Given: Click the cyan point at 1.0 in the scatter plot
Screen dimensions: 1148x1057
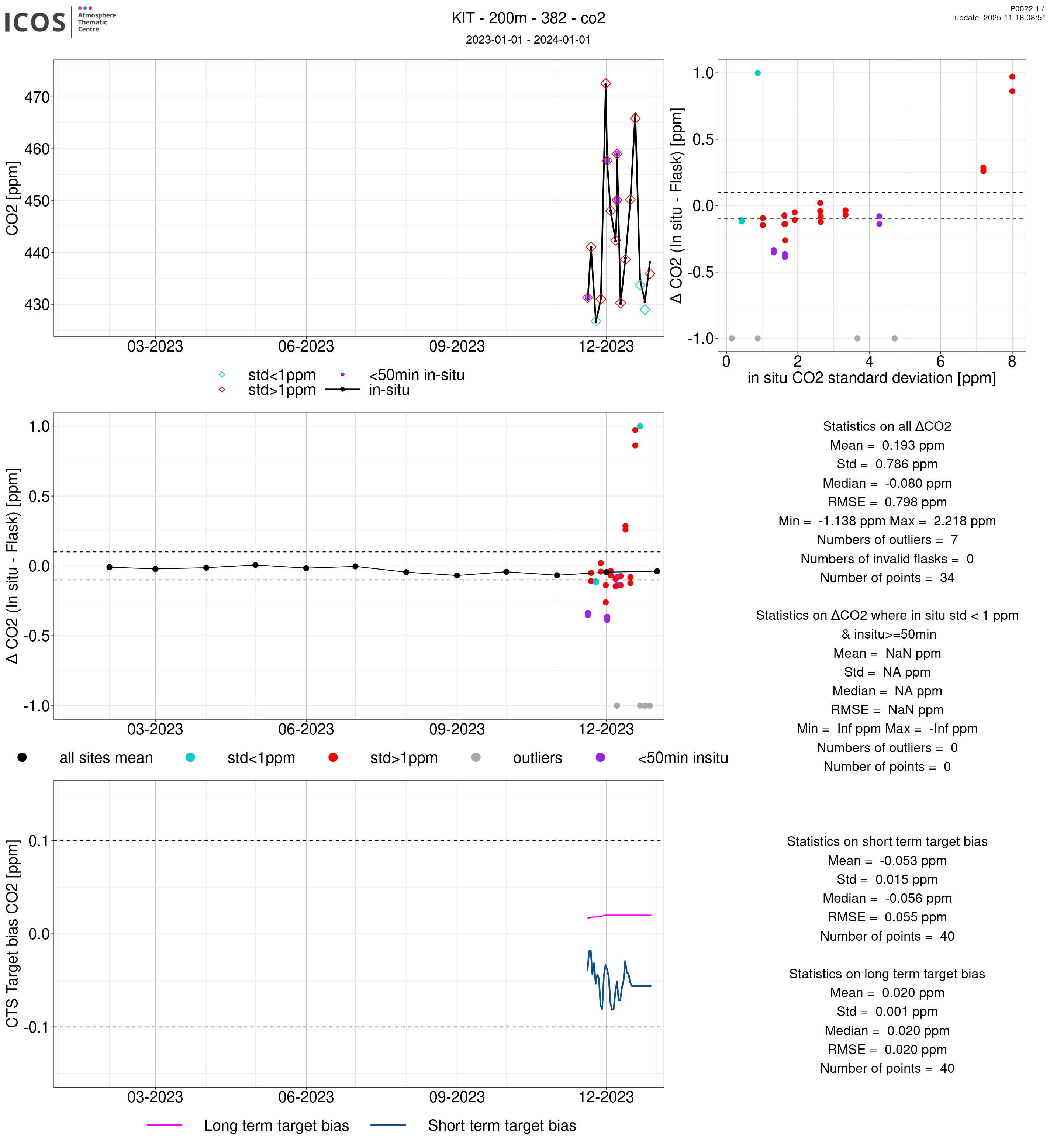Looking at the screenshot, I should [757, 73].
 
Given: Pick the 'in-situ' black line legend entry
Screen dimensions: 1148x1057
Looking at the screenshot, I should [389, 390].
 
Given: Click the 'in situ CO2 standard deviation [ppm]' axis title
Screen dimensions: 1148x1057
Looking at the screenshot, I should [871, 378].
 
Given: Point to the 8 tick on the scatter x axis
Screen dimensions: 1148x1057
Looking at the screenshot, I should [1012, 362].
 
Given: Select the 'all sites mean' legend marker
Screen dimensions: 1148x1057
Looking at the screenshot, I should [22, 757].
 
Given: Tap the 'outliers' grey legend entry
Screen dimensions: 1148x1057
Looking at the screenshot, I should [537, 758].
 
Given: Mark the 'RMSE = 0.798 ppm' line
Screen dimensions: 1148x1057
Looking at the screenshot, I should [887, 502].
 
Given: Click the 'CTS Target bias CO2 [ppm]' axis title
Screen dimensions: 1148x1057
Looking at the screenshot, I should [13, 934].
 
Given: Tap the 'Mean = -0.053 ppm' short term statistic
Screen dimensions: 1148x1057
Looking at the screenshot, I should [887, 861].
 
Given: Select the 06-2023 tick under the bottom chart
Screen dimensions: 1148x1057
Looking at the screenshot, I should [306, 1097].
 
